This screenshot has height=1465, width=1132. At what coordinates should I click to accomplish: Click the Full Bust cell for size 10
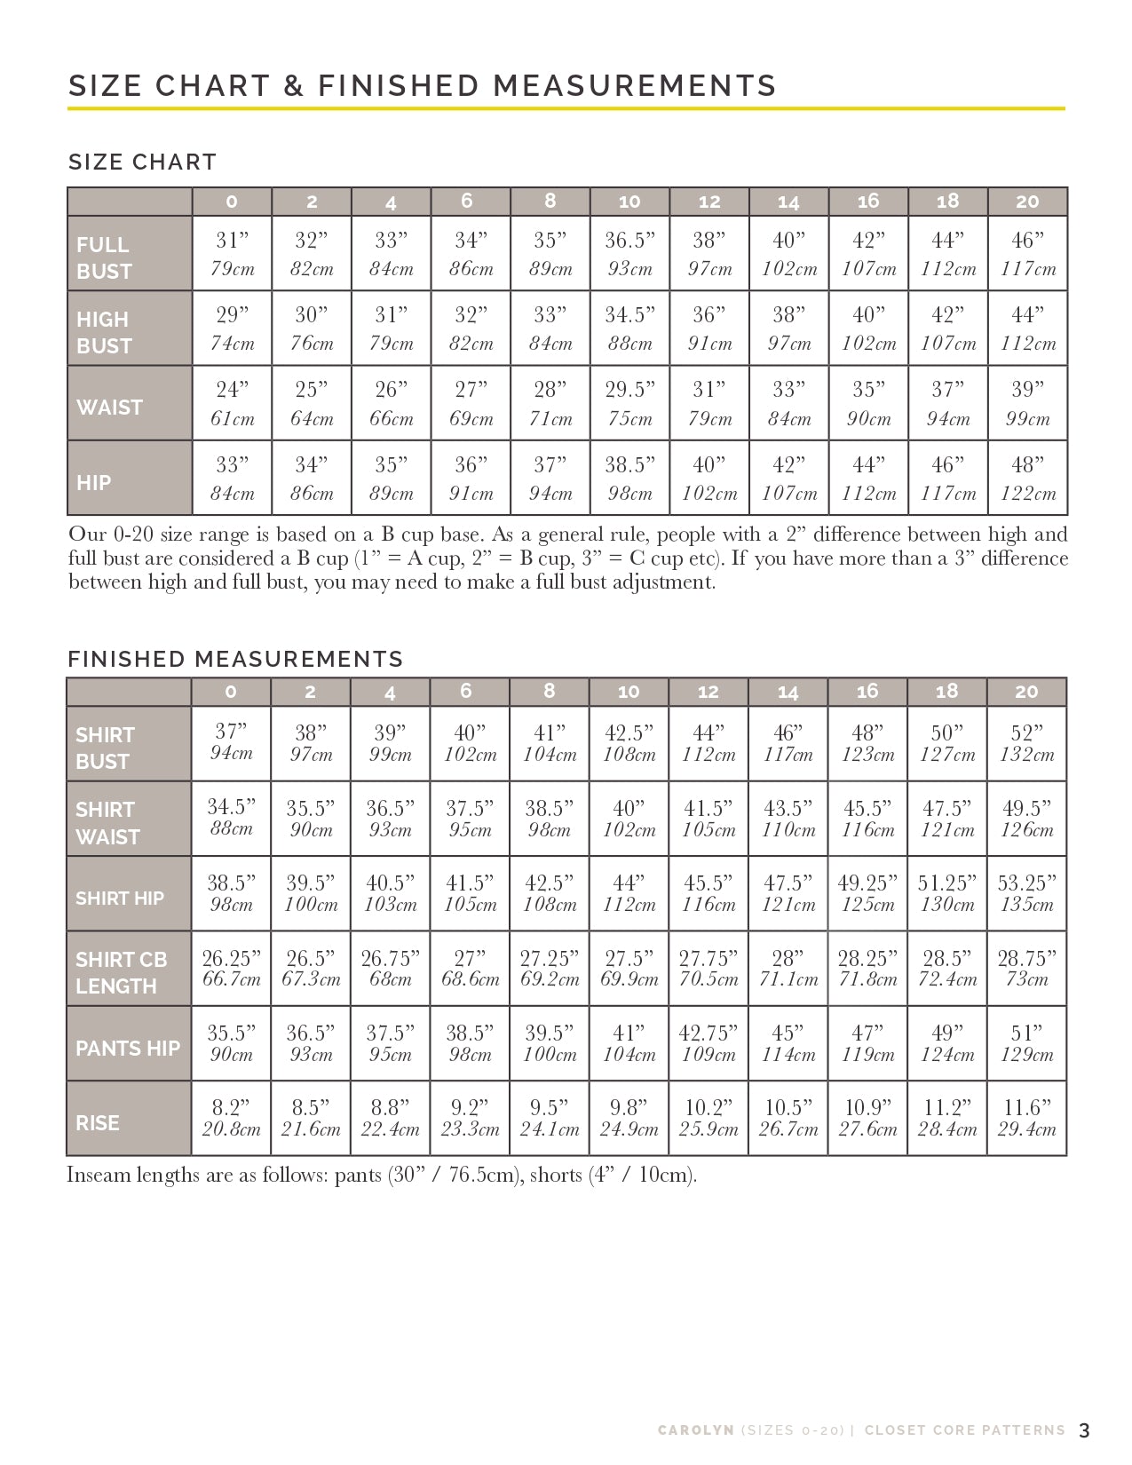[629, 253]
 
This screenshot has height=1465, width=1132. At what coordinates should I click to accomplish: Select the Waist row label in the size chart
[109, 408]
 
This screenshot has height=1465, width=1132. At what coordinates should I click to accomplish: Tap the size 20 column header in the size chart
[1027, 202]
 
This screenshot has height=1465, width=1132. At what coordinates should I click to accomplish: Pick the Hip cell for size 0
[232, 478]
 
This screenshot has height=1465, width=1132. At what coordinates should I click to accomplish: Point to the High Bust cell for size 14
[788, 329]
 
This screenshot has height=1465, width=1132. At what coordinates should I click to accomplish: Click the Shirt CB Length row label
[121, 972]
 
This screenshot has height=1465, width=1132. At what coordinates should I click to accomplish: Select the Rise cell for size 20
[1026, 1118]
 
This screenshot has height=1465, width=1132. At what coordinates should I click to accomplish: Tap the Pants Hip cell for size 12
[708, 1043]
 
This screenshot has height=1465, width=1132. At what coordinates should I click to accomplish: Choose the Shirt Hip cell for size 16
[867, 893]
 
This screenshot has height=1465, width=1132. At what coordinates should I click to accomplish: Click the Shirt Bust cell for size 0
[231, 742]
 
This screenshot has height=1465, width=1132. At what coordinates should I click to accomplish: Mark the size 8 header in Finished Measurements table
[549, 692]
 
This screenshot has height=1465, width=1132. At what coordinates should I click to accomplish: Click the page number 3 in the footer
[1084, 1430]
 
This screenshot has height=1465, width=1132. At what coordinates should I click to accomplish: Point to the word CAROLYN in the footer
[695, 1430]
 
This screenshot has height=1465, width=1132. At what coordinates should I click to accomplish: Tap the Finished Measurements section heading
[235, 659]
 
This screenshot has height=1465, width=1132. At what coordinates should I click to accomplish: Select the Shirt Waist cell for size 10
[629, 819]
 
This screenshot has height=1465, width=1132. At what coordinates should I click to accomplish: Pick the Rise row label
[98, 1123]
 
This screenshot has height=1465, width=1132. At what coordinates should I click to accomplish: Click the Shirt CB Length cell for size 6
[470, 968]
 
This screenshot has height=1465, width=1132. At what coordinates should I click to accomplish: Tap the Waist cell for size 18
[947, 403]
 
